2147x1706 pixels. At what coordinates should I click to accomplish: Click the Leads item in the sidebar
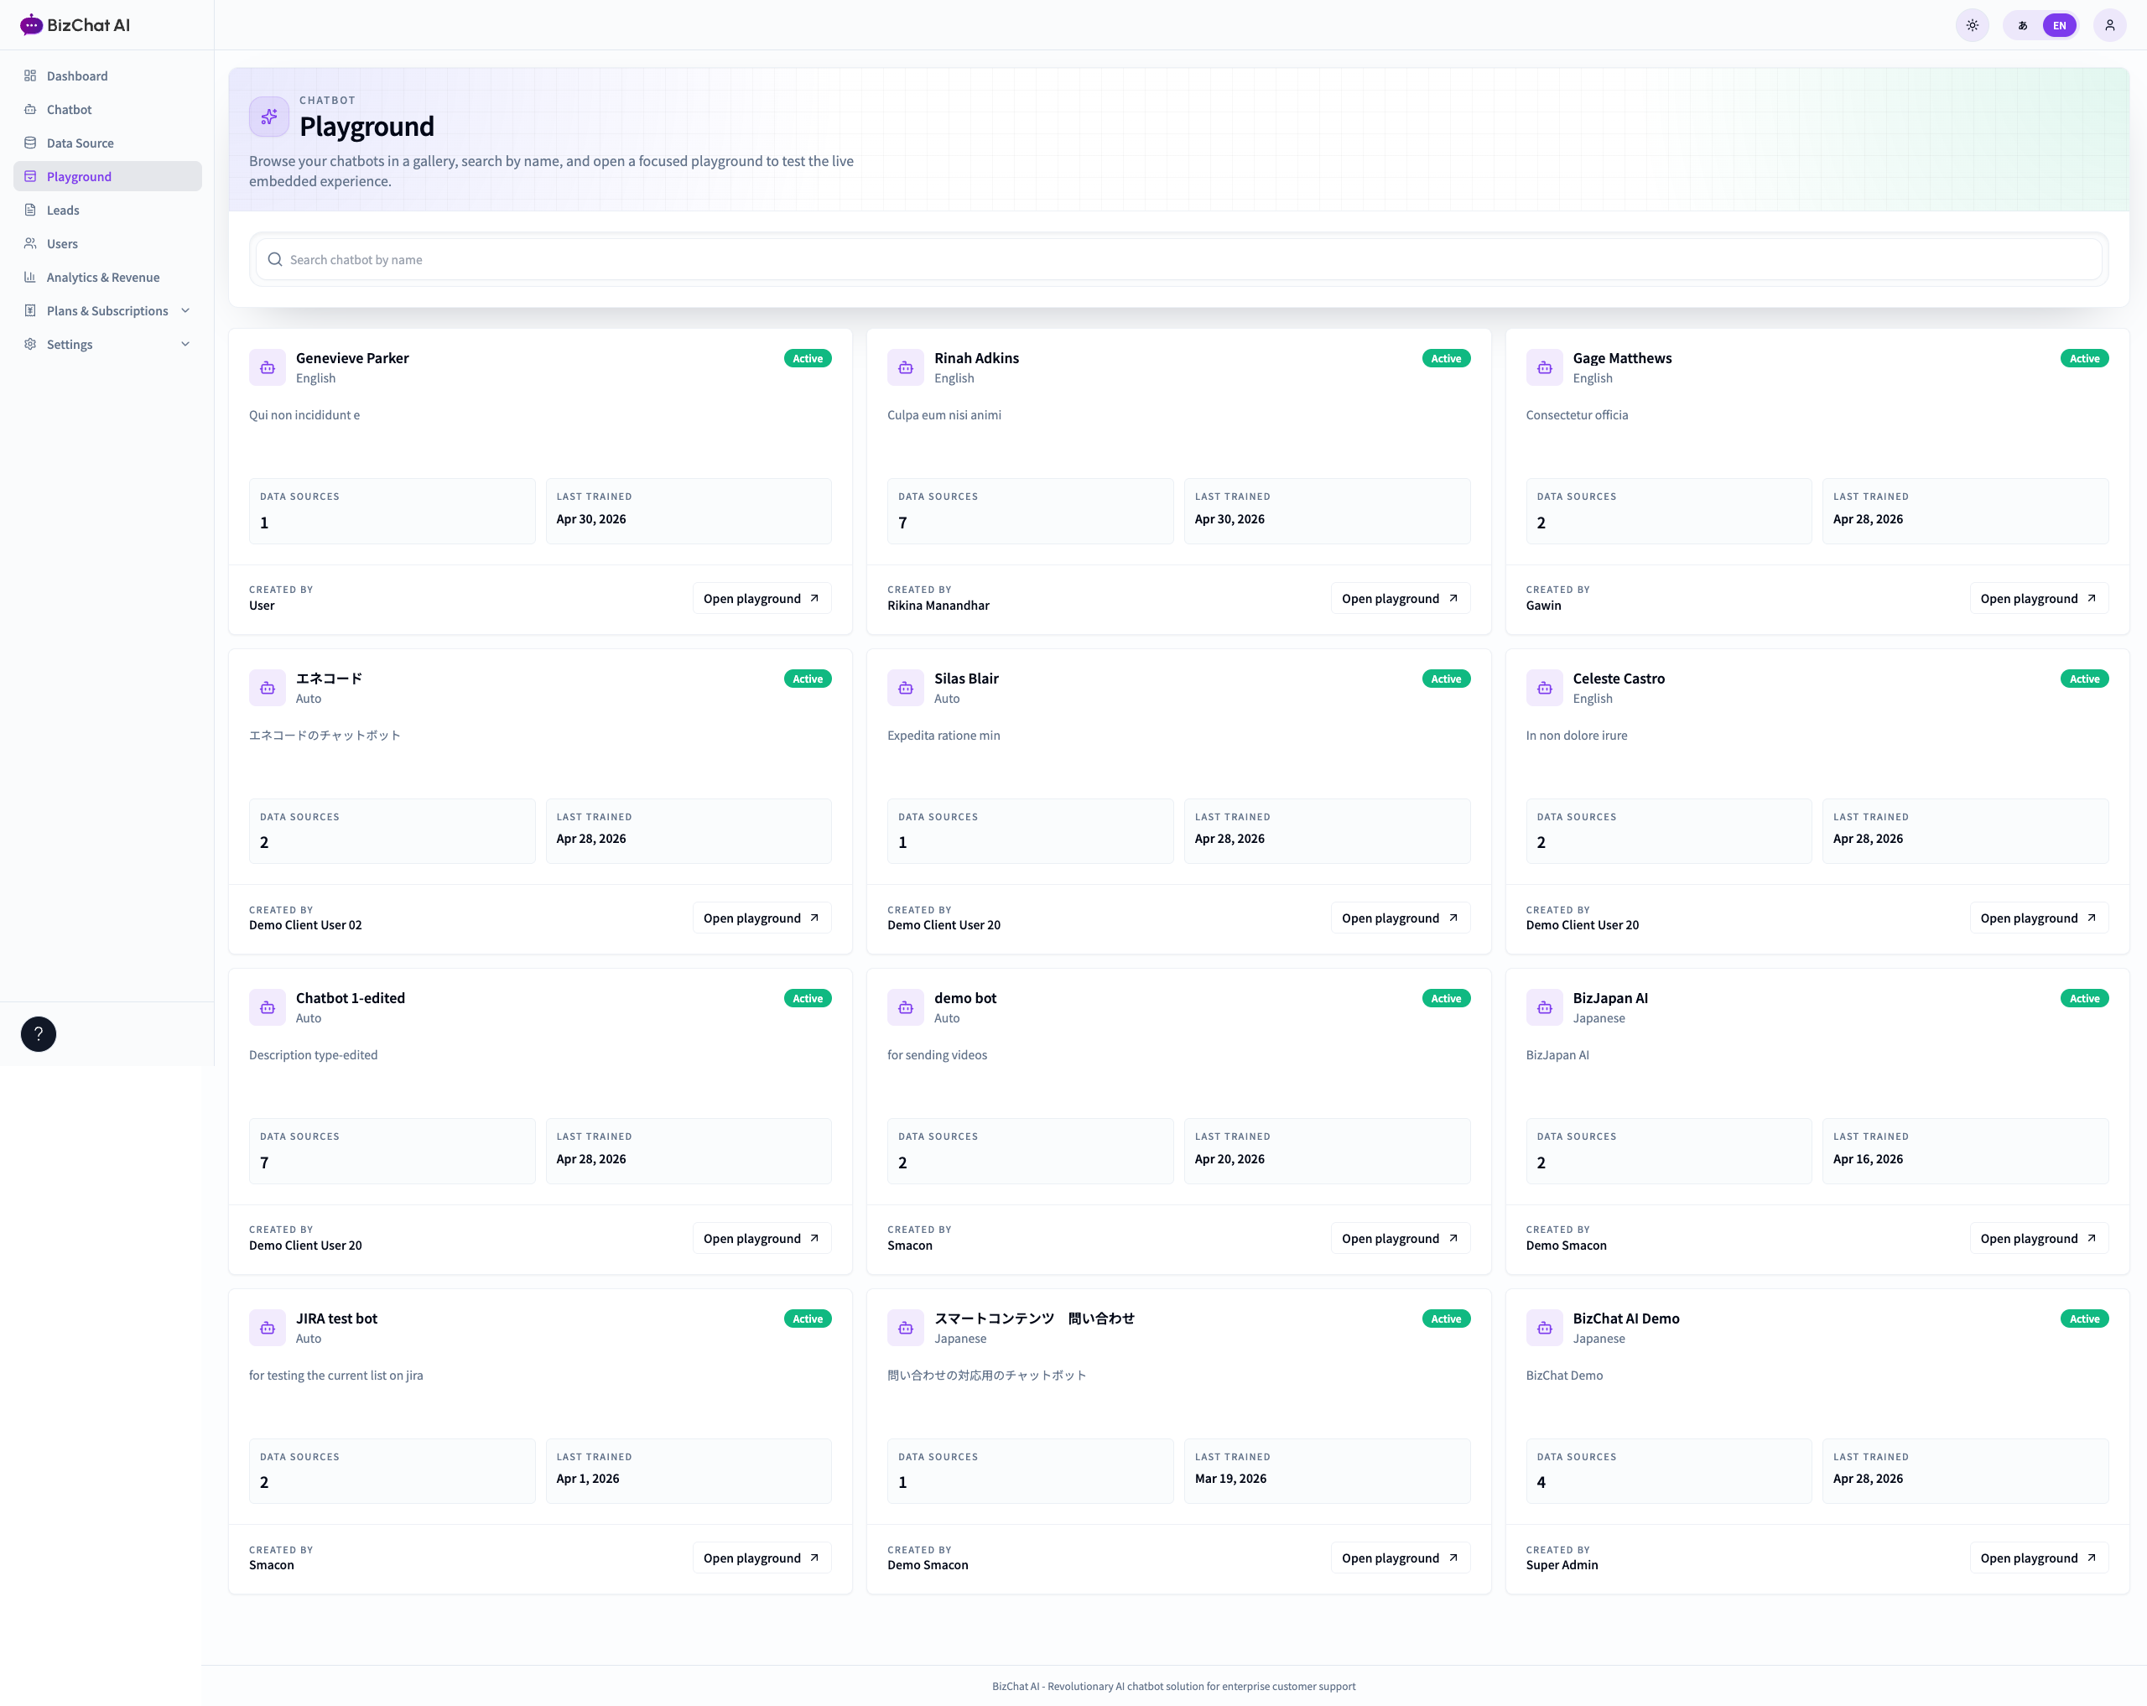63,211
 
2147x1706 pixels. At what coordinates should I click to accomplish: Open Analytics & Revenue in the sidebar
102,277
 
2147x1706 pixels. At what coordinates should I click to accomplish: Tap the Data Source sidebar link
80,143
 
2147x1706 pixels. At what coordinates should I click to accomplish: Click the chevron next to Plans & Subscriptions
185,310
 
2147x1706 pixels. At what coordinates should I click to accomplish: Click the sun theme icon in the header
1972,26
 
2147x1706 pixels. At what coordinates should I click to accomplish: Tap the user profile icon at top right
2109,26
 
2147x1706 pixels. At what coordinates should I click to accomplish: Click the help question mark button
39,1034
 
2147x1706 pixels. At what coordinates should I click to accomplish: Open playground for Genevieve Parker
762,599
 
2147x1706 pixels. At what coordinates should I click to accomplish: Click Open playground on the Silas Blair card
1400,918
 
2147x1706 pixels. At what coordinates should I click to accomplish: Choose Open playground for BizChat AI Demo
2039,1558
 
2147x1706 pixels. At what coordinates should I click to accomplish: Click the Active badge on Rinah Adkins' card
1446,358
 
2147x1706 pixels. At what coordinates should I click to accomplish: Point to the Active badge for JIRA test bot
808,1319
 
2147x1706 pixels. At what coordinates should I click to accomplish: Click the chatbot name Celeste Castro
1618,679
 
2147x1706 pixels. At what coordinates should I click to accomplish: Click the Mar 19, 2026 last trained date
1231,1478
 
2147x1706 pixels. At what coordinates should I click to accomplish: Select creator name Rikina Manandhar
938,606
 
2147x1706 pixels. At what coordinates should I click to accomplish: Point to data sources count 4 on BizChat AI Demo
1541,1482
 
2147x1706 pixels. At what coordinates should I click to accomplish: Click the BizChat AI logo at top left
75,25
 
